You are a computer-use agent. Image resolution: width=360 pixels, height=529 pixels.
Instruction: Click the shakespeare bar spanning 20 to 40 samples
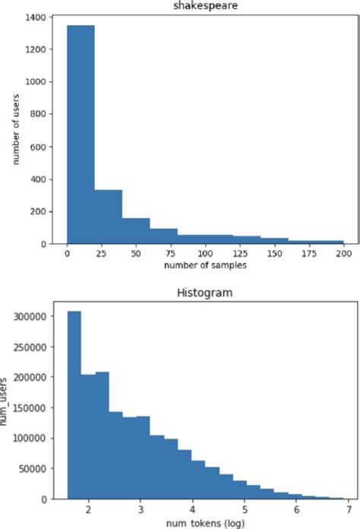(109, 217)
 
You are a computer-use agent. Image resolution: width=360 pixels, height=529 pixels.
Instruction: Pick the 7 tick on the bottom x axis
(348, 509)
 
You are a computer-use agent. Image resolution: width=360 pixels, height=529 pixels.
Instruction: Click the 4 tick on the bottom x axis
(192, 509)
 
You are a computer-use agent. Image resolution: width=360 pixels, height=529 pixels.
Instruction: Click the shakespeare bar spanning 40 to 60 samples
(136, 230)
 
